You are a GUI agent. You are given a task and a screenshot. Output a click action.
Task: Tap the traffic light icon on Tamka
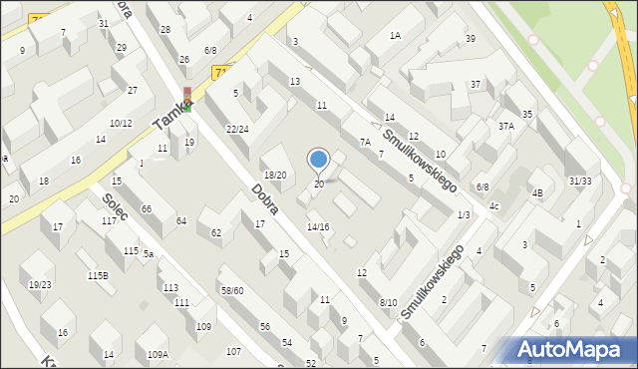(186, 99)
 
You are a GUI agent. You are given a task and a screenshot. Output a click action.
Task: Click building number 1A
(395, 35)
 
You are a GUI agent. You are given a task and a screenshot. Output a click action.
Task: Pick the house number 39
(470, 39)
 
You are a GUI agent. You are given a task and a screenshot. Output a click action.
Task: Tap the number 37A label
(506, 126)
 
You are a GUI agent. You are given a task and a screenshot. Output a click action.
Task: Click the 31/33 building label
(580, 181)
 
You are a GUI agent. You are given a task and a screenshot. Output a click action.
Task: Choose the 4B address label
(536, 192)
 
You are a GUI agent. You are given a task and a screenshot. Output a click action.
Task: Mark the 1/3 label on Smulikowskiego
(464, 214)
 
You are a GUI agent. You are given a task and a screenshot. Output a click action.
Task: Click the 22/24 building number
(237, 129)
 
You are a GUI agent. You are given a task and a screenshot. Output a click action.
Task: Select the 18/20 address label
(274, 175)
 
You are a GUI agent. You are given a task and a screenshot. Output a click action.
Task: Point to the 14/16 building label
(318, 227)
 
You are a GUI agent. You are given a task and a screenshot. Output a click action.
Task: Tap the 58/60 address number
(232, 290)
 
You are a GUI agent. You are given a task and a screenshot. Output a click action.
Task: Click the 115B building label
(98, 275)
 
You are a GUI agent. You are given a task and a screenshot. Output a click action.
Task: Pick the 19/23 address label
(40, 284)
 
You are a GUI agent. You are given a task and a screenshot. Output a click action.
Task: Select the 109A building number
(158, 355)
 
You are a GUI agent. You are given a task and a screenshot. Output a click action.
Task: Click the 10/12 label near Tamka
(121, 123)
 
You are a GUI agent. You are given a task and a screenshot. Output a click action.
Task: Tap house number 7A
(365, 143)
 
